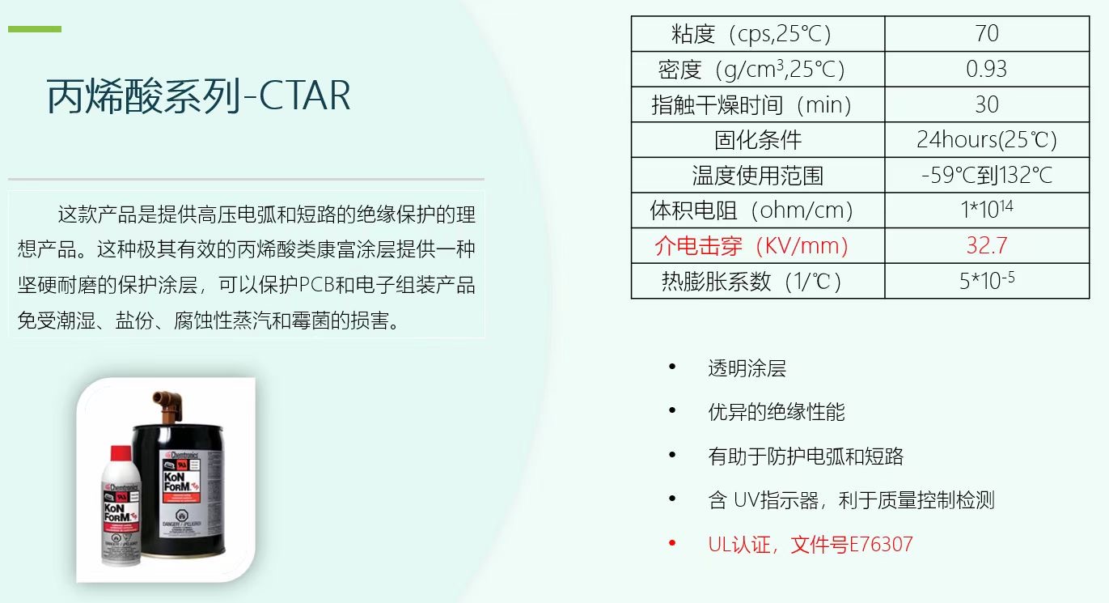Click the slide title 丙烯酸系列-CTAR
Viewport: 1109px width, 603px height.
pyautogui.click(x=199, y=96)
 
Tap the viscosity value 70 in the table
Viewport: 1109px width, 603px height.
pyautogui.click(x=987, y=33)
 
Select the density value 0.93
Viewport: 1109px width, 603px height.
pyautogui.click(x=987, y=69)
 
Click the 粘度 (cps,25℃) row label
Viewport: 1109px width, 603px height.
pyautogui.click(x=751, y=34)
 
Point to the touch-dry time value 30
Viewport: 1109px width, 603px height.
pyautogui.click(x=987, y=104)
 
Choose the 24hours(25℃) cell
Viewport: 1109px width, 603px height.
pyautogui.click(x=987, y=140)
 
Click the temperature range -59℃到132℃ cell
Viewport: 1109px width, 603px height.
pyautogui.click(x=987, y=175)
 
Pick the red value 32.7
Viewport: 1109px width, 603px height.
pyautogui.click(x=987, y=245)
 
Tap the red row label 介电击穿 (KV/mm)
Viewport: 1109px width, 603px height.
pyautogui.click(x=751, y=245)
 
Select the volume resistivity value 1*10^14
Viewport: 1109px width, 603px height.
pyautogui.click(x=987, y=210)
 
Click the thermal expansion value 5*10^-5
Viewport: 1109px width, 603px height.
pyautogui.click(x=987, y=281)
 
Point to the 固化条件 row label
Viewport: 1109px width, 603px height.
pyautogui.click(x=758, y=140)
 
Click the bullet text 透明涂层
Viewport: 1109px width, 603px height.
pyautogui.click(x=747, y=369)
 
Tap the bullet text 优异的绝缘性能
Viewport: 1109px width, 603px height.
pyautogui.click(x=776, y=413)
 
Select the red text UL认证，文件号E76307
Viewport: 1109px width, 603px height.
pyautogui.click(x=810, y=544)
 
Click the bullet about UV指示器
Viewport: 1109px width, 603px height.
pyautogui.click(x=851, y=500)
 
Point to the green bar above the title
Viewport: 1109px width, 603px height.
pyautogui.click(x=35, y=29)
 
